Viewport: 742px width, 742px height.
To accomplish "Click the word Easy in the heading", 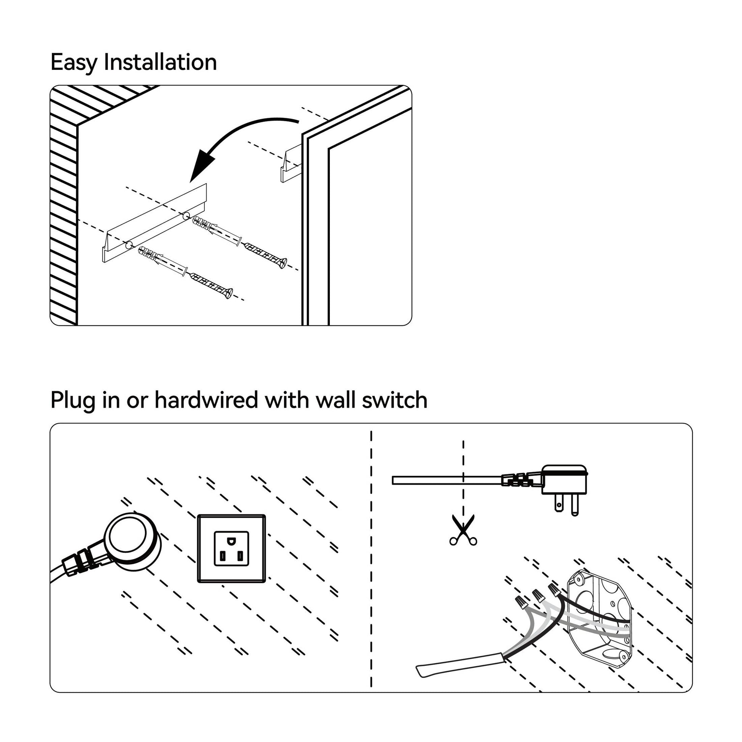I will [x=74, y=62].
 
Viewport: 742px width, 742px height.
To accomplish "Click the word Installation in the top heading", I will [x=160, y=62].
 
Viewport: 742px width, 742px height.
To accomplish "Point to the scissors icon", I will [x=463, y=530].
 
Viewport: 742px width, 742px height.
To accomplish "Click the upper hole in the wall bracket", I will [x=187, y=215].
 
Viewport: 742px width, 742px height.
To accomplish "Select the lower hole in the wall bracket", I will [x=128, y=244].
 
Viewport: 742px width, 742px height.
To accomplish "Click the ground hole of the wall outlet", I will [x=231, y=541].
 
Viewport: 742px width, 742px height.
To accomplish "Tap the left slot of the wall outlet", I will [x=222, y=555].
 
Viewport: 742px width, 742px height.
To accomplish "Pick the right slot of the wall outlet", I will [x=240, y=555].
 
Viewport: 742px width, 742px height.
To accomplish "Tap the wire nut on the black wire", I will [x=553, y=589].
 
